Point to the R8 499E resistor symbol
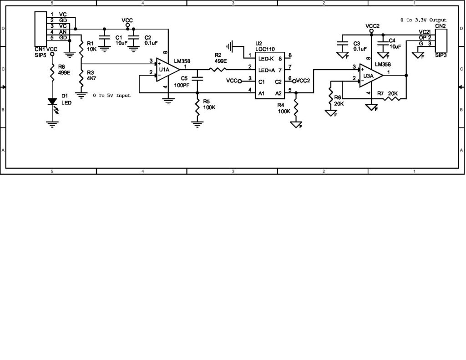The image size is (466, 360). pyautogui.click(x=52, y=73)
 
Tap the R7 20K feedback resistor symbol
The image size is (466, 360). pyautogui.click(x=392, y=98)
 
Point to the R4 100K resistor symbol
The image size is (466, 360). pyautogui.click(x=296, y=108)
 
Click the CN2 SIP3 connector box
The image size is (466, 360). pyautogui.click(x=441, y=40)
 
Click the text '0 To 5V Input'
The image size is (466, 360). pyautogui.click(x=111, y=96)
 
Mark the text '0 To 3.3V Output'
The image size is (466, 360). pyautogui.click(x=423, y=20)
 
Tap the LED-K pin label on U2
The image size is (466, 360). pyautogui.click(x=266, y=58)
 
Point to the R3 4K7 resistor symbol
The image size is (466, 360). pyautogui.click(x=81, y=76)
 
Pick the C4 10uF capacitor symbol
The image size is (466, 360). pyautogui.click(x=383, y=42)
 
